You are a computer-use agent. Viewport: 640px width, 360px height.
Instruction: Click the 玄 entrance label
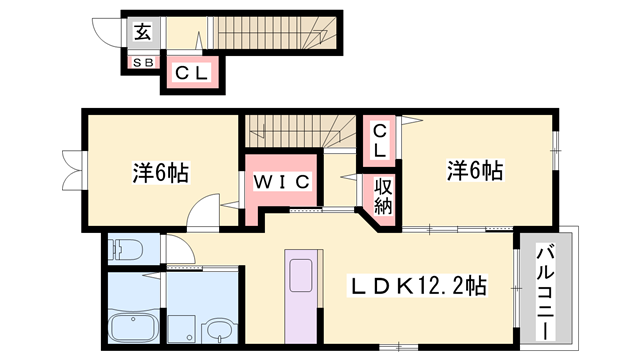[142, 31]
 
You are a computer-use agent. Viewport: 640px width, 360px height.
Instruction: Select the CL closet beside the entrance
[190, 72]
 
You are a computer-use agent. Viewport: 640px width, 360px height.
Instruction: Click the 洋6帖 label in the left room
[160, 172]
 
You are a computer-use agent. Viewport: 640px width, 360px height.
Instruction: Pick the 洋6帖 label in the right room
[474, 172]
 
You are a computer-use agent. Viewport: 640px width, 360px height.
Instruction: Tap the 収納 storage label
[383, 197]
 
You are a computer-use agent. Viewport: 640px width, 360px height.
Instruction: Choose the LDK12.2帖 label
[418, 286]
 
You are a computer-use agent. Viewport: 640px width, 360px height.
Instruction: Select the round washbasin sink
[217, 329]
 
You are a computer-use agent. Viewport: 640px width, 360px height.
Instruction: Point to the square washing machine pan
[182, 327]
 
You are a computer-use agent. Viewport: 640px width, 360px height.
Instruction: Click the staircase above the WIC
[290, 130]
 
